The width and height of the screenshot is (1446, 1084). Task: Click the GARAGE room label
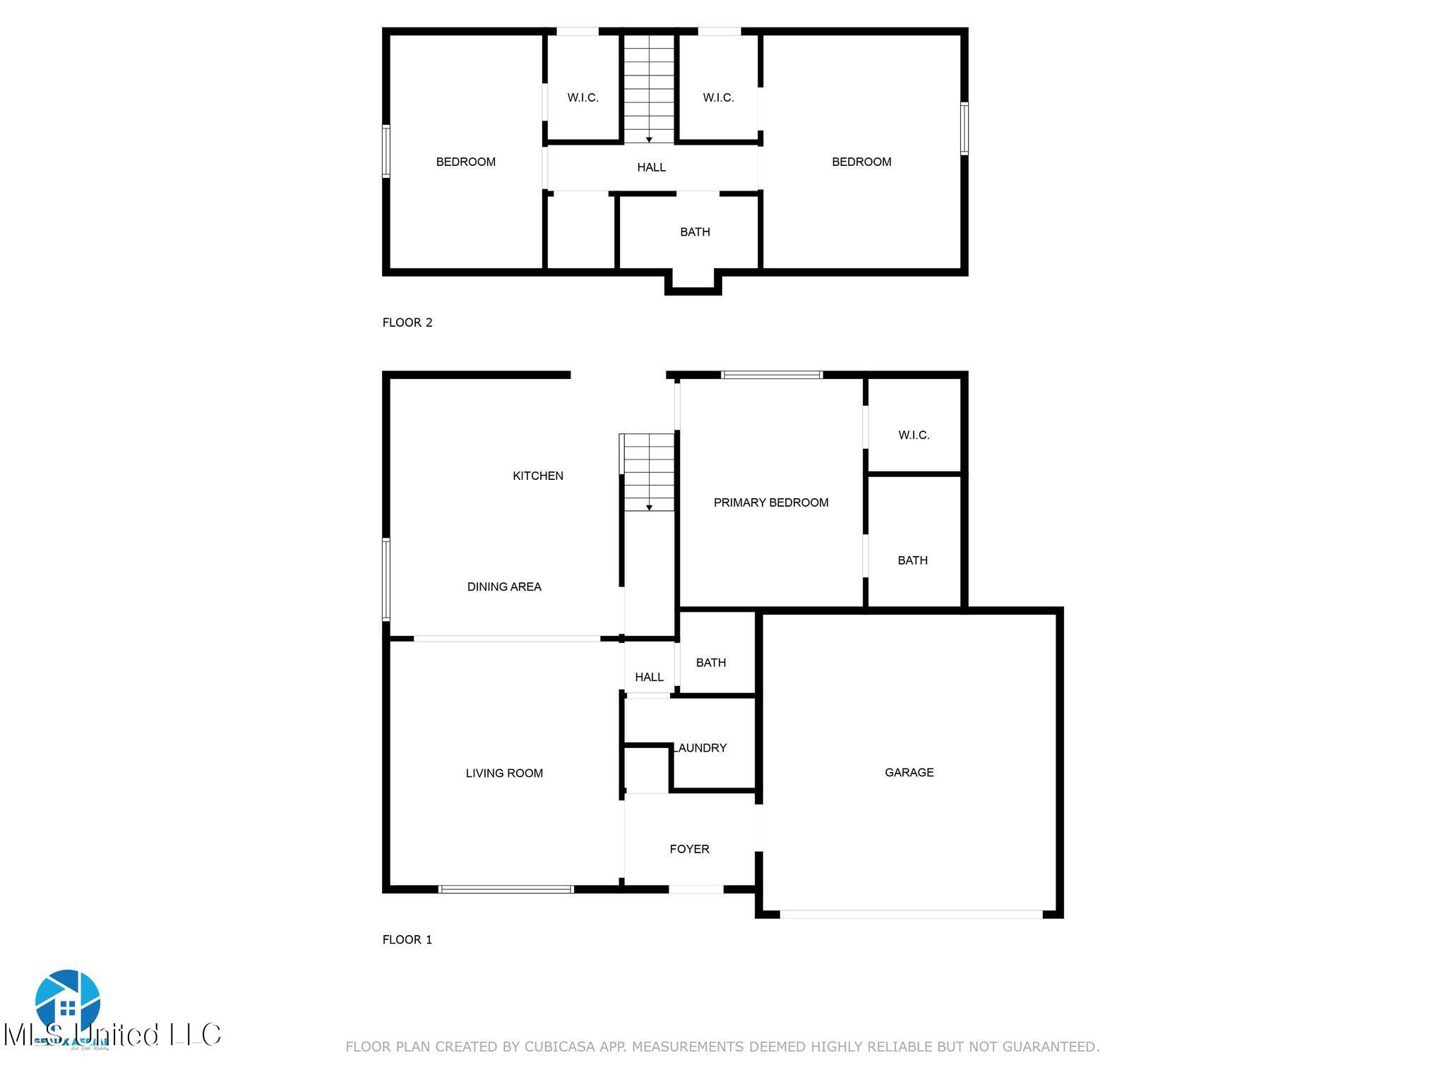(909, 772)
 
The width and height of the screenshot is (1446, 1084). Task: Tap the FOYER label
(689, 849)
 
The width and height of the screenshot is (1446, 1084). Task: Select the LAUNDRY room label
(700, 747)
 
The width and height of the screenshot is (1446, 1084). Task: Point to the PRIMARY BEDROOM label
(770, 502)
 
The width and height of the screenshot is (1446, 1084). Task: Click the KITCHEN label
(537, 476)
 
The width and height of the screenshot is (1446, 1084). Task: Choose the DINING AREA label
(504, 586)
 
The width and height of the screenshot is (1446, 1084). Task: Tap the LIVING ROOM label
(504, 773)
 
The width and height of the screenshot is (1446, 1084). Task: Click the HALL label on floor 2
(651, 167)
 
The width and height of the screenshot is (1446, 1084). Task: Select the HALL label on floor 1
(649, 677)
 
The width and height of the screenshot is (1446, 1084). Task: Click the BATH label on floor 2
(695, 231)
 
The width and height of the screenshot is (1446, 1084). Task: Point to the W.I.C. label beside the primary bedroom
(914, 435)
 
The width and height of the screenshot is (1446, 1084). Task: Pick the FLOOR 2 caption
(407, 323)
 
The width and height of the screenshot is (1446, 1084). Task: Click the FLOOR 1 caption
(407, 939)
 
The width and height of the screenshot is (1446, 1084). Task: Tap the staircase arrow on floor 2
(649, 139)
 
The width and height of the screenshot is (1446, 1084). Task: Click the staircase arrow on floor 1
(649, 507)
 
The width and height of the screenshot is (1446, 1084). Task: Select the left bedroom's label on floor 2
(465, 162)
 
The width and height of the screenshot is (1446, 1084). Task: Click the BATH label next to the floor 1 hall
(710, 662)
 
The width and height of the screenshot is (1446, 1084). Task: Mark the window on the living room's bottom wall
(506, 889)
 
